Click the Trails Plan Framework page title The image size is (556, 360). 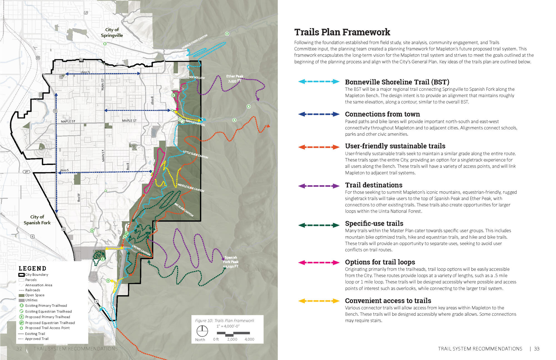click(x=342, y=32)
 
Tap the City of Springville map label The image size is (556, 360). click(x=112, y=33)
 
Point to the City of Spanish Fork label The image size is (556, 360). click(x=37, y=220)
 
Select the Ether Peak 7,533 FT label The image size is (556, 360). click(x=234, y=79)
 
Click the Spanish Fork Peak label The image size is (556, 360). click(x=231, y=262)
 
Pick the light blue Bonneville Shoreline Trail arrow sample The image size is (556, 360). click(x=319, y=82)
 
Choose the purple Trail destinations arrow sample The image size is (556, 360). click(x=319, y=186)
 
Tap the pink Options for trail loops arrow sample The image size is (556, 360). click(x=319, y=262)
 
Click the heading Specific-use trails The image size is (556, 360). click(x=374, y=223)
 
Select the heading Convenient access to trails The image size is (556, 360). click(x=388, y=301)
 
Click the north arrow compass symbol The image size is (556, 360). click(x=202, y=331)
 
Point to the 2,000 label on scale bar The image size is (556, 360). click(x=232, y=339)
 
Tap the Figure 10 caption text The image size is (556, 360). click(x=225, y=320)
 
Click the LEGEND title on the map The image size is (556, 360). click(x=32, y=268)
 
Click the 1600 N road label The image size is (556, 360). click(x=85, y=72)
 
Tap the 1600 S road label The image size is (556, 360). click(x=64, y=170)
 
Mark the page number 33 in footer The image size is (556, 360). click(x=537, y=349)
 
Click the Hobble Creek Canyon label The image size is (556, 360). click(x=195, y=42)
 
